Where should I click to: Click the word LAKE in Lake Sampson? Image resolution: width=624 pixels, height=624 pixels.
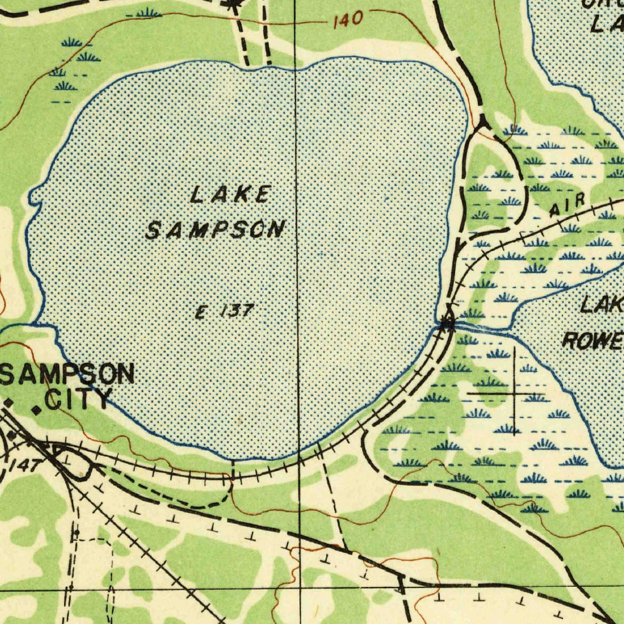pos(230,195)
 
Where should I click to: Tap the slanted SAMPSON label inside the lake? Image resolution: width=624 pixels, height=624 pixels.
pos(215,230)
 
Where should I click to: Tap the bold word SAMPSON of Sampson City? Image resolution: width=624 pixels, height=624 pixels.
pos(68,373)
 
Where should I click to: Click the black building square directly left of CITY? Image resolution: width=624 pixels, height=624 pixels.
pos(37,411)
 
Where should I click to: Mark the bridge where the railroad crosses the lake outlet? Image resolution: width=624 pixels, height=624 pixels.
pos(447,325)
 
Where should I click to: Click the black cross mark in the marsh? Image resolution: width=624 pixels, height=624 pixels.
pos(515,393)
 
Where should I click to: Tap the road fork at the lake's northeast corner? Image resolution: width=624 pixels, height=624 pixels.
pos(483,122)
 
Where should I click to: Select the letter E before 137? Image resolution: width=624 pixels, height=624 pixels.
pos(200,313)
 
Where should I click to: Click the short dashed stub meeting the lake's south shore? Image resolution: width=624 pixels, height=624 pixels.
pos(232,471)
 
